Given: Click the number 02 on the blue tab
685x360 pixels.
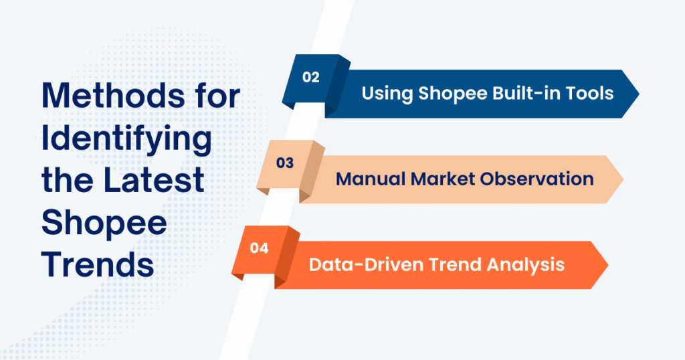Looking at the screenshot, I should coord(310,77).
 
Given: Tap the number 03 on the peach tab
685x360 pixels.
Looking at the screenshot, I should coord(285,163).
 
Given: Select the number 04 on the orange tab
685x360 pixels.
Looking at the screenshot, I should coord(259,248).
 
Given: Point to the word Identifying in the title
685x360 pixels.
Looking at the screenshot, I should coord(126,139).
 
